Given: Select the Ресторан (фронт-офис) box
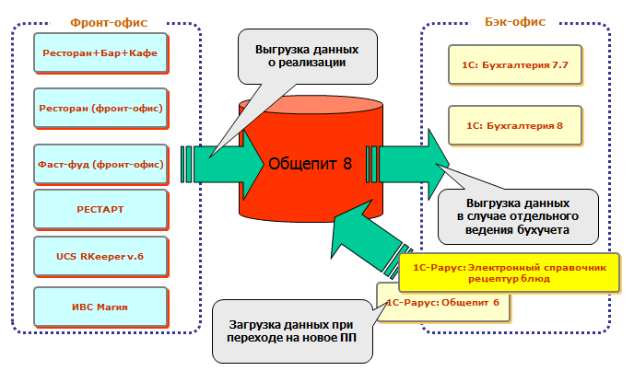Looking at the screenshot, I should click(x=100, y=109).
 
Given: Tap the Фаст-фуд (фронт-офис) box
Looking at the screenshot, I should click(x=100, y=165).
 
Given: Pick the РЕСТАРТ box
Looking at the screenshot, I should click(x=100, y=209).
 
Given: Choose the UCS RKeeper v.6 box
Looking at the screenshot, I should click(x=100, y=255).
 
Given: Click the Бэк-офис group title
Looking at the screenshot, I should click(x=514, y=20).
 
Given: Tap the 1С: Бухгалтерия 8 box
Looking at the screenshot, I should click(x=516, y=125).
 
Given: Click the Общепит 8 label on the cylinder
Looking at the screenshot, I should click(x=310, y=165).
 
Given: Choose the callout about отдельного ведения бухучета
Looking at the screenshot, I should click(x=519, y=215).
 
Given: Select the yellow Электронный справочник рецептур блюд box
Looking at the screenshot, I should click(x=505, y=272).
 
